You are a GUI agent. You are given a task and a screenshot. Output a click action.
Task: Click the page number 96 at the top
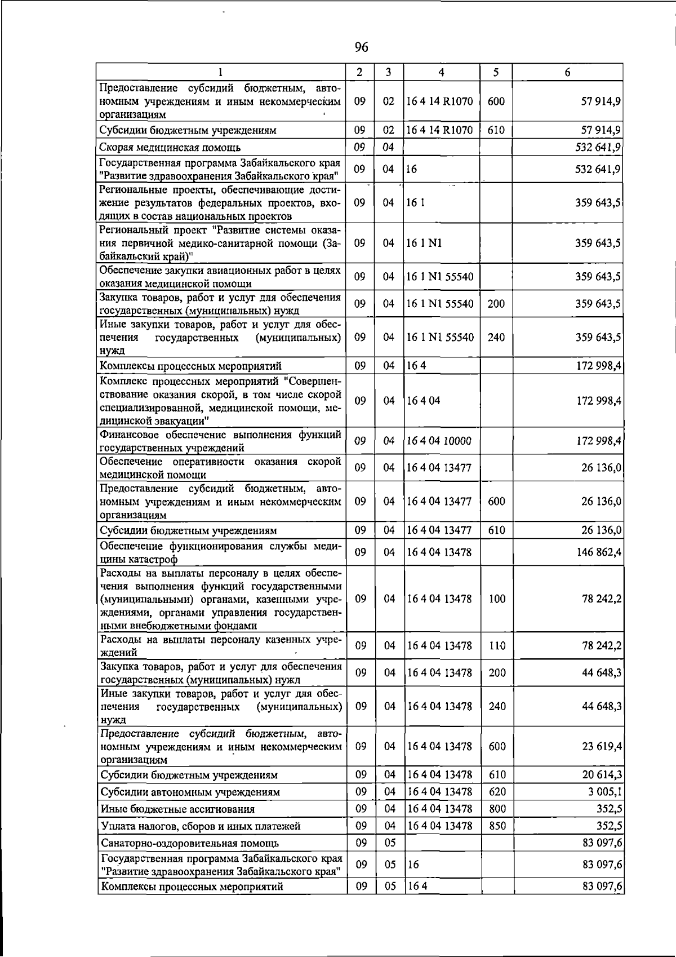coord(362,47)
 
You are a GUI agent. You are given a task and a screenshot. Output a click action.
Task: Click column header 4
coord(441,72)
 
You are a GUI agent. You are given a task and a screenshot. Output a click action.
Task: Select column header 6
coord(567,72)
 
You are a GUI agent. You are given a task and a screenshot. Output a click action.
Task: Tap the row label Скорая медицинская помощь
coord(170,148)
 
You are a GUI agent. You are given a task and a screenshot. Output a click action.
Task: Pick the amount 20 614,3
coord(602,775)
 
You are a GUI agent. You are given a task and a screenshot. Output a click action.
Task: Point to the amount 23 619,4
coord(602,746)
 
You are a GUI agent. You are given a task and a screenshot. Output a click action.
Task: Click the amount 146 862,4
coord(599,552)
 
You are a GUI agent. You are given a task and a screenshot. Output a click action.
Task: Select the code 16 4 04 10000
coord(439,441)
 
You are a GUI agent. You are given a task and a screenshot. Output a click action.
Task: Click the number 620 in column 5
coord(497,792)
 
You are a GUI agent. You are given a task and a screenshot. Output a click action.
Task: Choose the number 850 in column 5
coord(497,826)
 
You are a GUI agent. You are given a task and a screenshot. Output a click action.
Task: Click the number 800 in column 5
coord(497,809)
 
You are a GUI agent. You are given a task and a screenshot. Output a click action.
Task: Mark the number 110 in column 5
coord(497,646)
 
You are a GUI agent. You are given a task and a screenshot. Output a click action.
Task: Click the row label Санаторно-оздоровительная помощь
coord(189,843)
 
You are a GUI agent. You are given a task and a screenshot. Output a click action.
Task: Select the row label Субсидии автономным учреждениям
coord(190,792)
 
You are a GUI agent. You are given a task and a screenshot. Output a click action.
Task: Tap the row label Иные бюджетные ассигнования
coord(177,809)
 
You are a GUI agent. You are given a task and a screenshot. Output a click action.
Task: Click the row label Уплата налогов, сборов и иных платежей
coord(200,826)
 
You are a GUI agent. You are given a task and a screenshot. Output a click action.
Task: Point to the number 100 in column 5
coord(497,599)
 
